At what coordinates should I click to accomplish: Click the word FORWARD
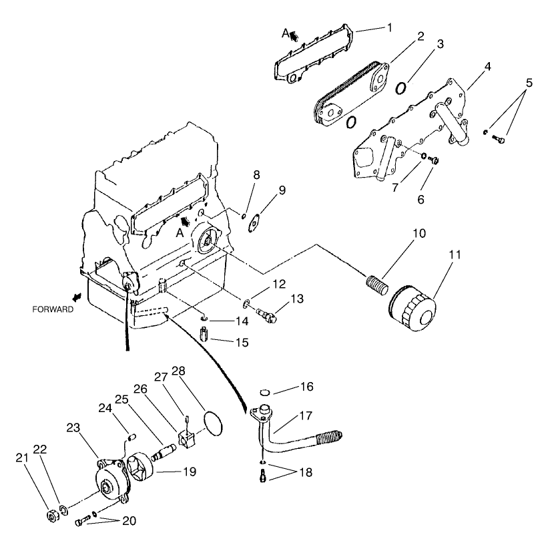(x=52, y=310)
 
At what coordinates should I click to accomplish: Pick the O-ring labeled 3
(x=402, y=88)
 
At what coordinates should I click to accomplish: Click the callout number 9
(x=282, y=190)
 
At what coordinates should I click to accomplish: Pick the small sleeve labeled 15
(x=206, y=332)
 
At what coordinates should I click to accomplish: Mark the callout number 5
(x=529, y=83)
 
